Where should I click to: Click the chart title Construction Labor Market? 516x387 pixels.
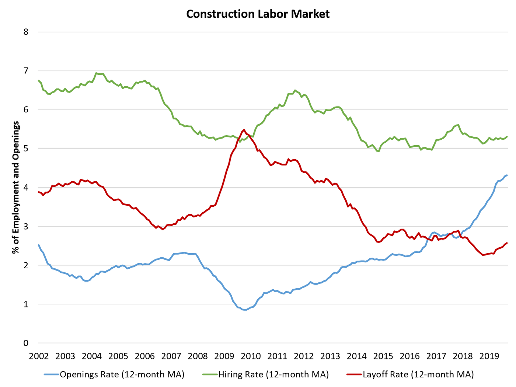point(258,14)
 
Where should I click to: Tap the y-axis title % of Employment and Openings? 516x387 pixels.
point(16,187)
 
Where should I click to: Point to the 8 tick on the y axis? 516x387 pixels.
point(25,32)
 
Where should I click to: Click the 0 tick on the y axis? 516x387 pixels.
point(25,343)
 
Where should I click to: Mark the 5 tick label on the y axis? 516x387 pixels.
point(25,149)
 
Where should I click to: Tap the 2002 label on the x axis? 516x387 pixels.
point(38,356)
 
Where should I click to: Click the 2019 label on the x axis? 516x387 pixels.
point(489,356)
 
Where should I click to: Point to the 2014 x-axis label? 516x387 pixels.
point(357,356)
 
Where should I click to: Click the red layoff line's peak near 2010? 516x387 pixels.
point(244,130)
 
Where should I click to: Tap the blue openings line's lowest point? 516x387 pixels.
point(244,310)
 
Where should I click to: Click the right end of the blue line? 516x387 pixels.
point(507,175)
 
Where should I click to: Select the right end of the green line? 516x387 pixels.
point(507,136)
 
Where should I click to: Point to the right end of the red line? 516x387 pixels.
point(507,243)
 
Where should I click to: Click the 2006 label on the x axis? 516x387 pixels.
point(144,356)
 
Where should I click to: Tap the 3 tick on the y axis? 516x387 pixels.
point(25,226)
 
